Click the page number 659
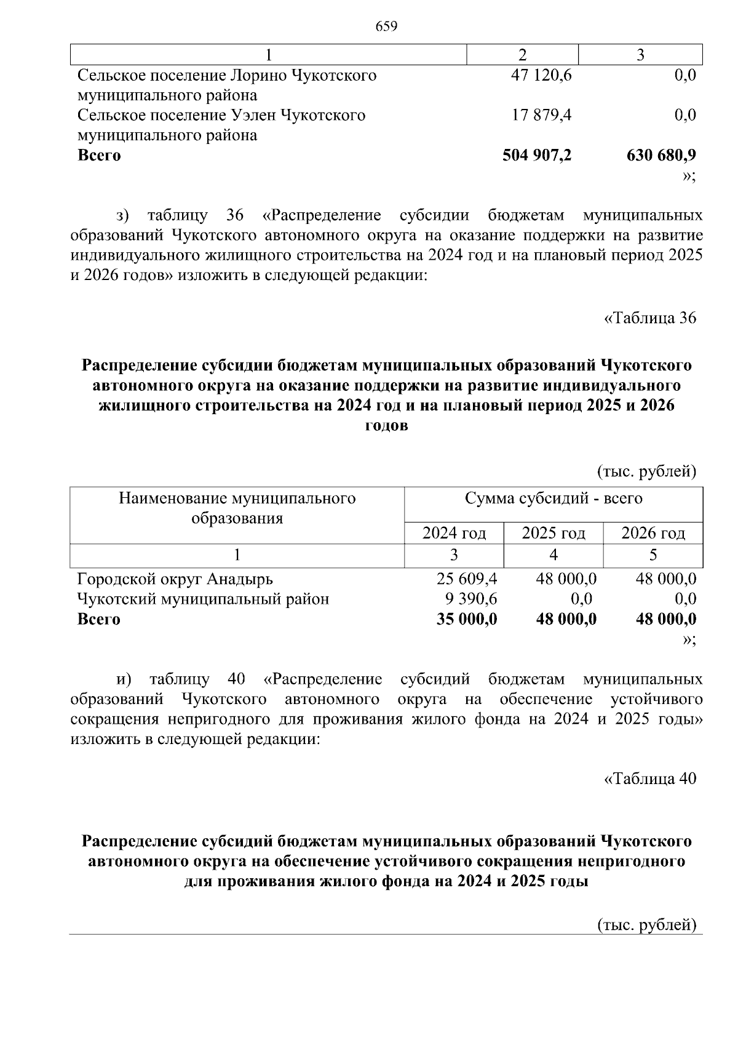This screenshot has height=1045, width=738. pyautogui.click(x=386, y=26)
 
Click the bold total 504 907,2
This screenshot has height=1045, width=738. pyautogui.click(x=537, y=155)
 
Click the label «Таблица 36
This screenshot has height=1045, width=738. pyautogui.click(x=650, y=318)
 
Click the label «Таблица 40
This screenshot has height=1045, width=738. pyautogui.click(x=650, y=779)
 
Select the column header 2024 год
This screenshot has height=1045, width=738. pyautogui.click(x=454, y=533)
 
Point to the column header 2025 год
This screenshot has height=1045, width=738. pyautogui.click(x=553, y=533)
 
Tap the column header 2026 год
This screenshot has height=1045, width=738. pyautogui.click(x=653, y=533)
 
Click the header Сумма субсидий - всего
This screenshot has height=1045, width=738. pyautogui.click(x=553, y=498)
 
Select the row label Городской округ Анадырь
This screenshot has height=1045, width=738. pyautogui.click(x=175, y=579)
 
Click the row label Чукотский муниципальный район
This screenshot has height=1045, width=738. pyautogui.click(x=203, y=599)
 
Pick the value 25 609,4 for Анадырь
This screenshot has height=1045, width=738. pyautogui.click(x=467, y=579)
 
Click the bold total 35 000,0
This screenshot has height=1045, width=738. pyautogui.click(x=467, y=619)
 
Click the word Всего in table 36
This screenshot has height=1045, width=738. pyautogui.click(x=99, y=619)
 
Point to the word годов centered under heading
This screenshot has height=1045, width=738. pyautogui.click(x=386, y=426)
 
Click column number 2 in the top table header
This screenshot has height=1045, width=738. pyautogui.click(x=523, y=55)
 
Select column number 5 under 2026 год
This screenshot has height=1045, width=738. pyautogui.click(x=653, y=555)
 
